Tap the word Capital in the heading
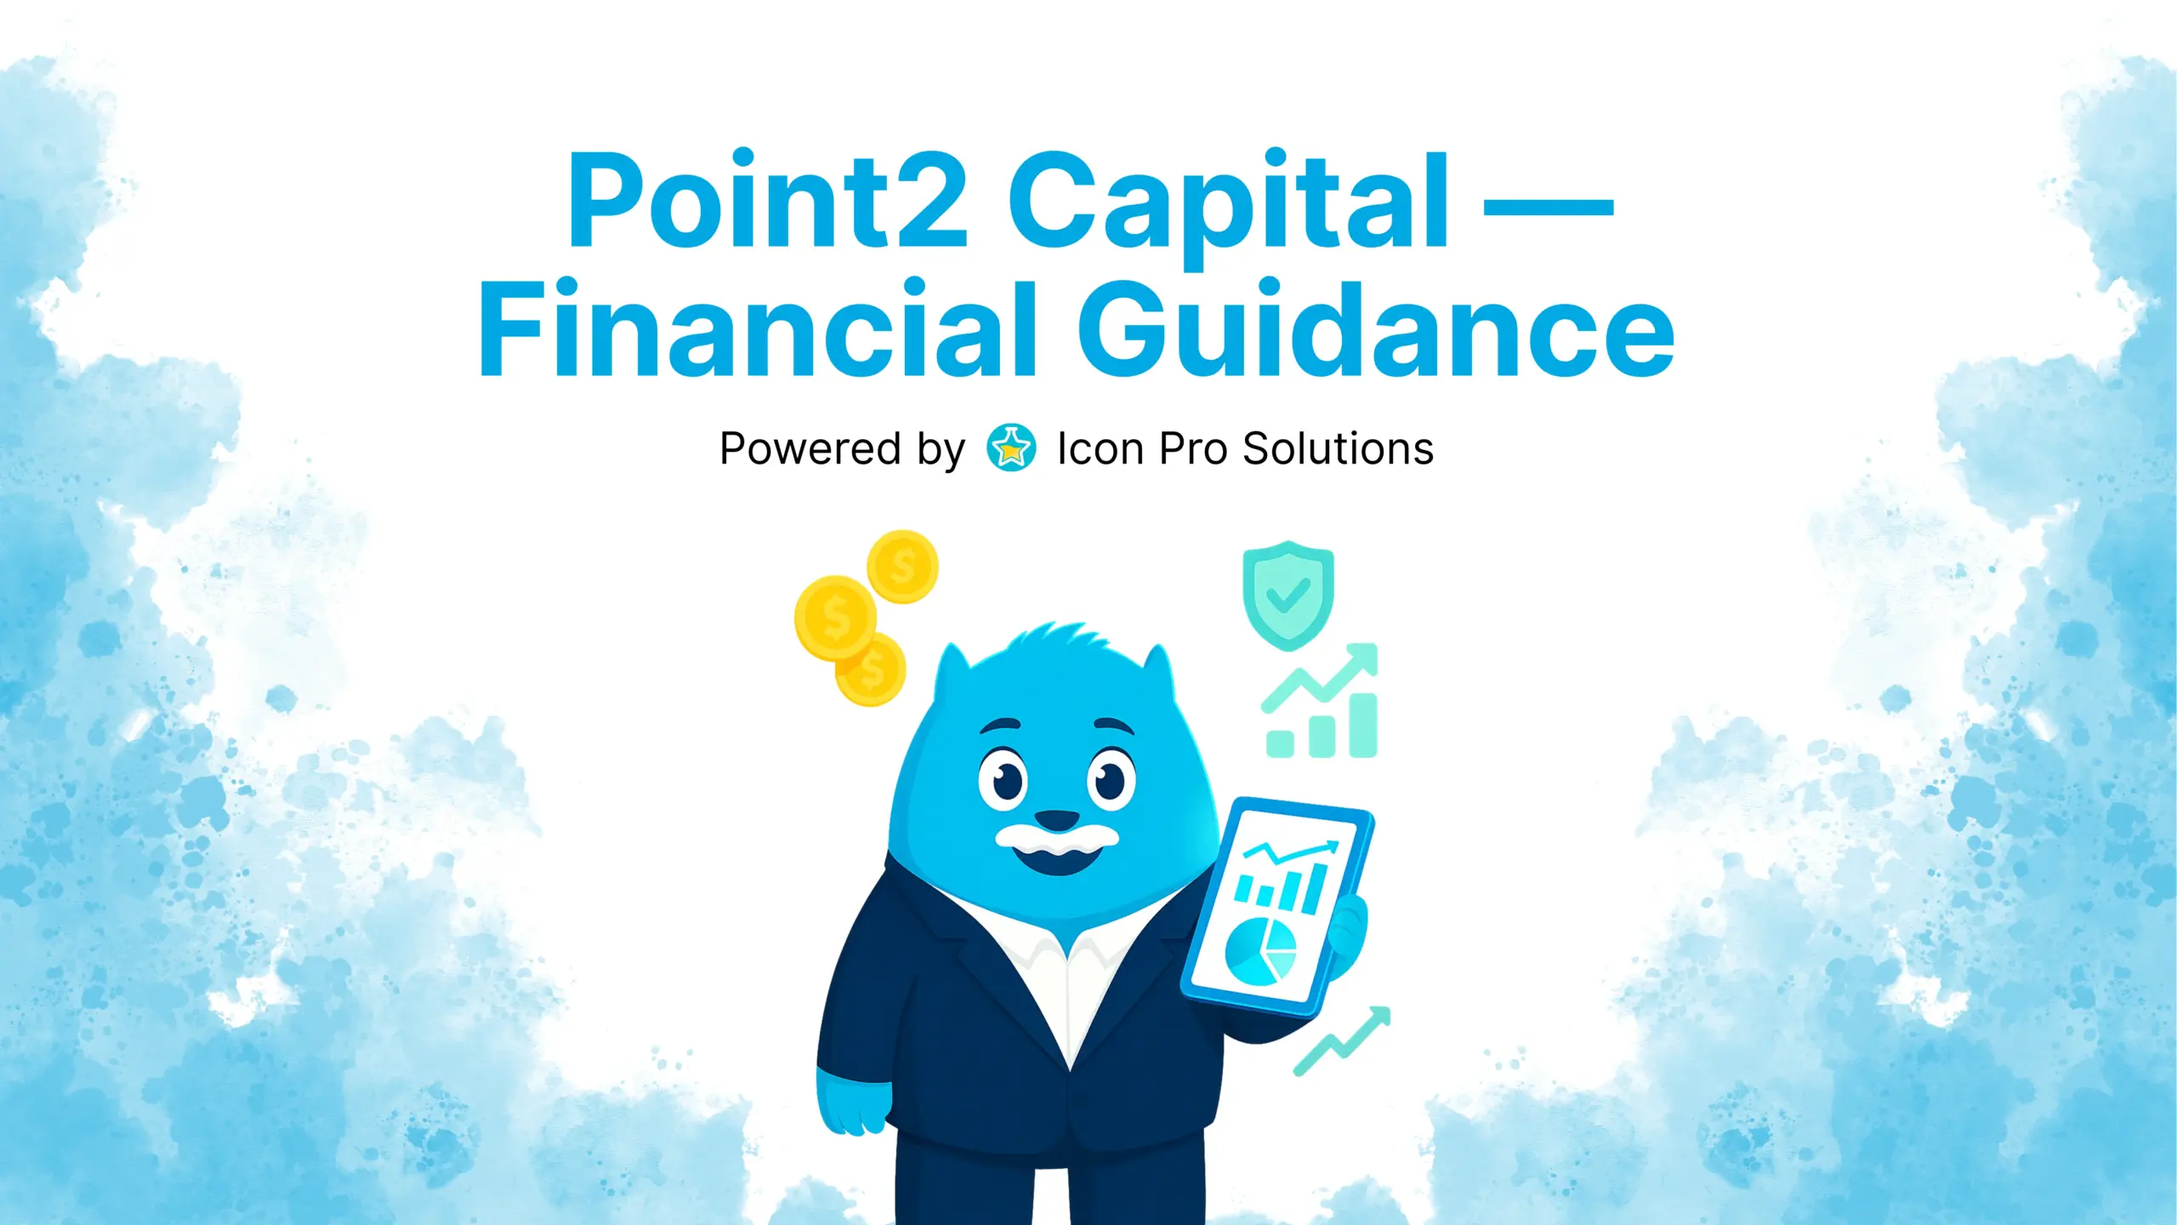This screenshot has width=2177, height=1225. tap(1228, 204)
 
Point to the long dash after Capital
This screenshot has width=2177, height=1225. tap(1548, 207)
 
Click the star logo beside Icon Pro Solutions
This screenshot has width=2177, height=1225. tap(1011, 447)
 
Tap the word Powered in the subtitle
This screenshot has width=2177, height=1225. tap(810, 448)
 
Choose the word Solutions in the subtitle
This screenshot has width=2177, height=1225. tap(1338, 448)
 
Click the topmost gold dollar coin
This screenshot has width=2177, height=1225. tap(902, 566)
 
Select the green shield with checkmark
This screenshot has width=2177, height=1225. tap(1287, 595)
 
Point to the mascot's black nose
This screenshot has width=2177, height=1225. tap(1056, 821)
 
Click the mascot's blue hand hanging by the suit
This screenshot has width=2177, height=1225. tap(850, 1102)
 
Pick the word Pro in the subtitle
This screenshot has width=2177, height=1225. tap(1191, 448)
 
